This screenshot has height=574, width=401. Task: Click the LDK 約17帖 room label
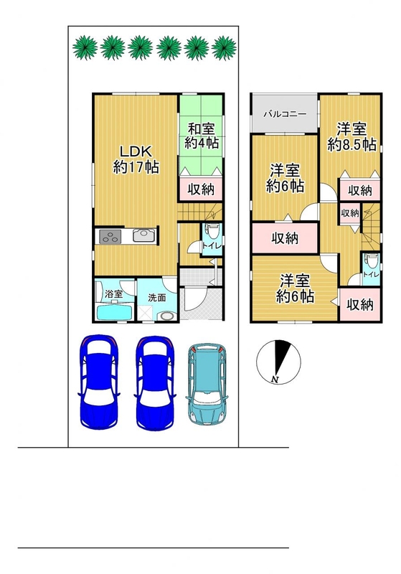136,159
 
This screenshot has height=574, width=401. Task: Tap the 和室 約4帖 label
202,136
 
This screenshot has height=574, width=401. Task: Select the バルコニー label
286,114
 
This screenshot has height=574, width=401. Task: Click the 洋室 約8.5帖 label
352,137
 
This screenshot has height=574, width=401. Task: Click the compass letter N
275,380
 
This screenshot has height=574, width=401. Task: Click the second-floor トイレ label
371,274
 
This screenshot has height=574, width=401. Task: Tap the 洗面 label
157,298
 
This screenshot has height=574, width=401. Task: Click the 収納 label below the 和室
201,189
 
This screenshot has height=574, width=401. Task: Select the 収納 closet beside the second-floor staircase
350,212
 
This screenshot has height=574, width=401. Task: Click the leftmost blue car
99,382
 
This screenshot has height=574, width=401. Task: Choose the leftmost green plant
85,47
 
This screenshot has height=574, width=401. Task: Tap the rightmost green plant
224,47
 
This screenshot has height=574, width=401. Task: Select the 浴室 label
113,293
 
